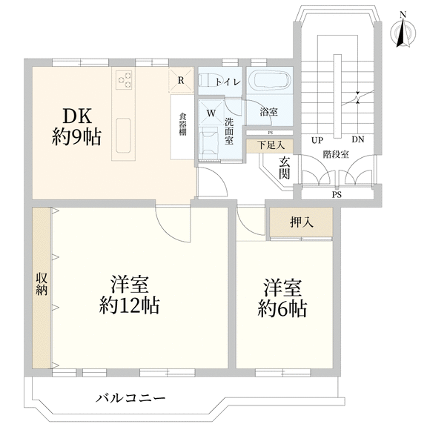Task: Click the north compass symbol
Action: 403,32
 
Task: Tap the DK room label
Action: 77,116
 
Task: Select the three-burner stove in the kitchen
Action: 124,79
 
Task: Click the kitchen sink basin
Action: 124,136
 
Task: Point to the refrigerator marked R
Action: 181,80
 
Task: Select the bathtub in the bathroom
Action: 271,81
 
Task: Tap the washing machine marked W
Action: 211,113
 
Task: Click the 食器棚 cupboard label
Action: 182,125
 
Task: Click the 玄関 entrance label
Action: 284,168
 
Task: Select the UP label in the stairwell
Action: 317,141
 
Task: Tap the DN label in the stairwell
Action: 358,139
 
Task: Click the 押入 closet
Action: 301,222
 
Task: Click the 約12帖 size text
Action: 129,306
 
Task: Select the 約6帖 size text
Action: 282,309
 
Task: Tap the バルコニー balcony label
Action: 130,399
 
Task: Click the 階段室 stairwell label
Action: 336,154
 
